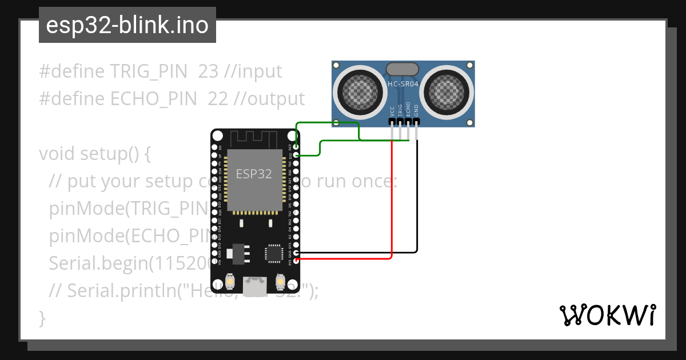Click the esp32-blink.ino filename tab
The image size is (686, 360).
click(x=127, y=25)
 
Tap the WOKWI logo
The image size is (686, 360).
click(x=607, y=315)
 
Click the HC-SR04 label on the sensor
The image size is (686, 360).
click(x=403, y=83)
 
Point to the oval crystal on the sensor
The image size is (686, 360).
click(x=403, y=69)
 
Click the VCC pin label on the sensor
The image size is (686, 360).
click(x=392, y=110)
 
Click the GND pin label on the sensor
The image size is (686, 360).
click(x=416, y=110)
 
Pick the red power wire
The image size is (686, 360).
click(x=392, y=200)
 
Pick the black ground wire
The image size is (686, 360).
click(x=417, y=200)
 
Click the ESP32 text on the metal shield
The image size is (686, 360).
click(x=254, y=174)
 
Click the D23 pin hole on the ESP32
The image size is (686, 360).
click(x=296, y=147)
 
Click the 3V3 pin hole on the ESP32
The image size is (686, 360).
click(x=296, y=261)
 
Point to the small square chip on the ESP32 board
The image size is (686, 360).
click(x=273, y=253)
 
